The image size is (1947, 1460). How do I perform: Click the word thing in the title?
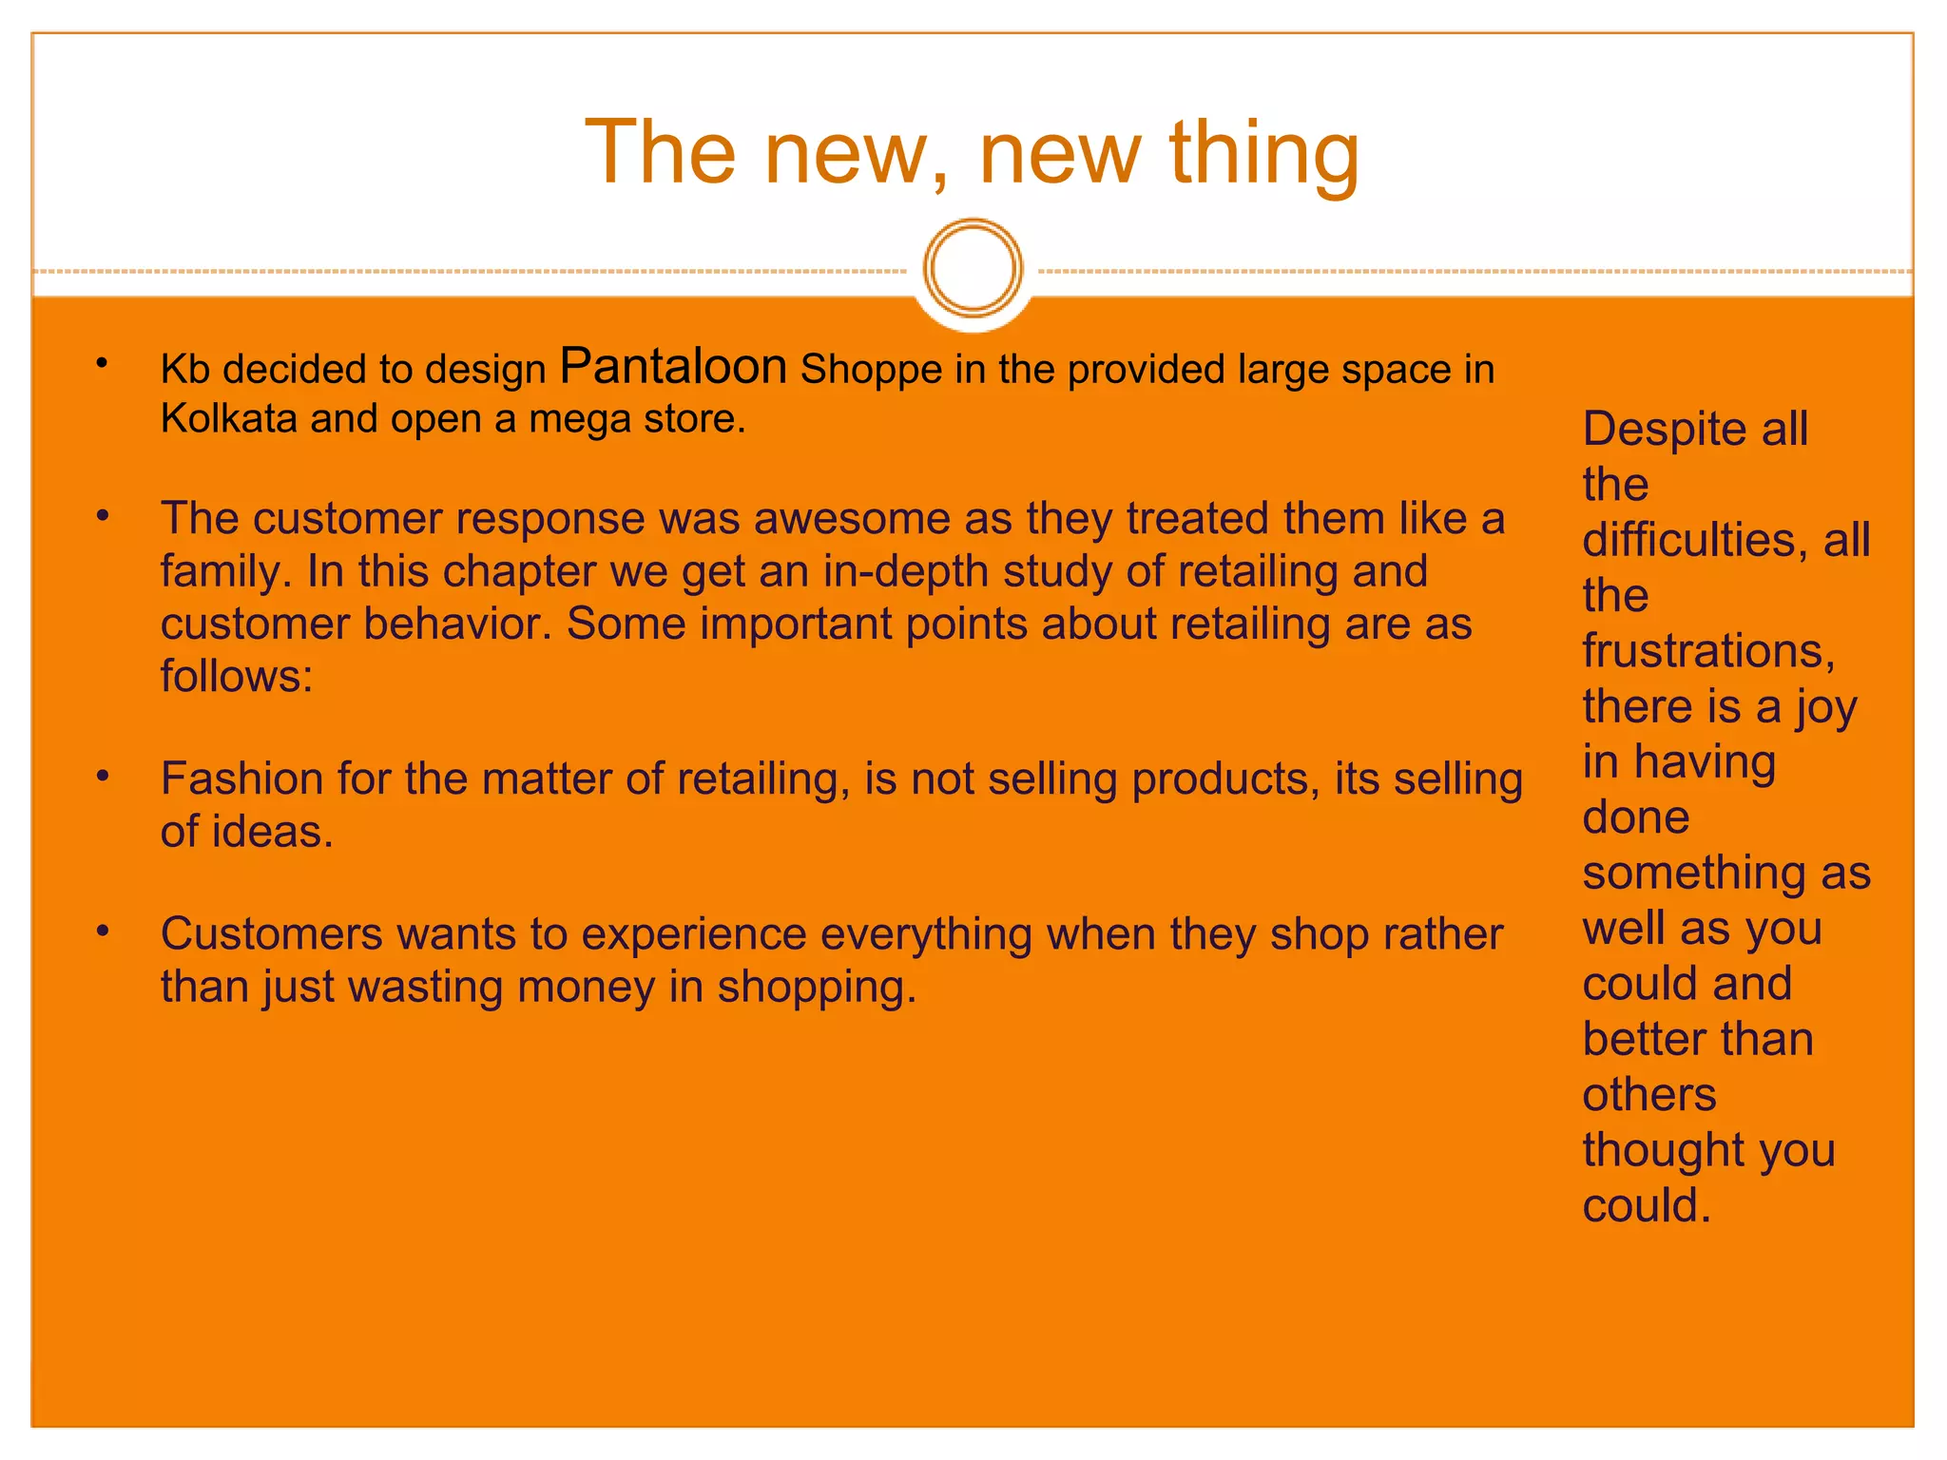[x=1263, y=154]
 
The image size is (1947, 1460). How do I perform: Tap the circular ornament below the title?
[x=973, y=268]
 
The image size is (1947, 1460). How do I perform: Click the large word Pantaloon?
[x=673, y=367]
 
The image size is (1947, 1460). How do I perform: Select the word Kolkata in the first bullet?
[x=228, y=418]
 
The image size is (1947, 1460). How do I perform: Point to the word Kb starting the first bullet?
[x=184, y=370]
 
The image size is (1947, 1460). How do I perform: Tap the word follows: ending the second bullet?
[x=236, y=677]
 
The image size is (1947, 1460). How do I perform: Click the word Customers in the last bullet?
[x=271, y=934]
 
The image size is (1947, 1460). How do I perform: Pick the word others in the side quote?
[x=1649, y=1095]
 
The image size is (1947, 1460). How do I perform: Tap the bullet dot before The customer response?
[x=103, y=517]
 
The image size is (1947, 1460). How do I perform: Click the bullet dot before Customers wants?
[x=103, y=932]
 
